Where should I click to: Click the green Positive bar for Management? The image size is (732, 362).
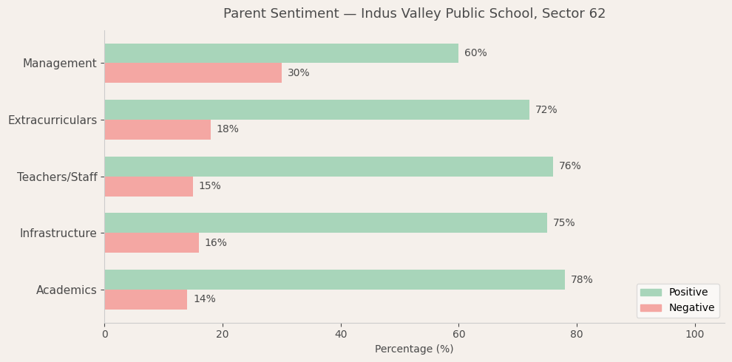[x=281, y=53]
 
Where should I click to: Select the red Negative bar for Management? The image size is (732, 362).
[x=193, y=73]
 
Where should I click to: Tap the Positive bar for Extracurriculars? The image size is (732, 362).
[x=316, y=110]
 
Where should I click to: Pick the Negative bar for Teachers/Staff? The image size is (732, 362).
[x=149, y=186]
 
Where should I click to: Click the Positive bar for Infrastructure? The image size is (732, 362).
[x=325, y=223]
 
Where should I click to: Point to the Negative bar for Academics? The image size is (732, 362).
[x=146, y=299]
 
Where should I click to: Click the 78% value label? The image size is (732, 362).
[x=581, y=280]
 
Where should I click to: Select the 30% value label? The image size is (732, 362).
[x=298, y=73]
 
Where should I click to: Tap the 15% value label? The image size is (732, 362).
[x=209, y=186]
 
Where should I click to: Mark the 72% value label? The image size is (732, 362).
[x=546, y=110]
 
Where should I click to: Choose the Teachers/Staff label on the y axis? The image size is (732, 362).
[x=57, y=177]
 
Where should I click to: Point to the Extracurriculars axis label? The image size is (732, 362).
[x=52, y=120]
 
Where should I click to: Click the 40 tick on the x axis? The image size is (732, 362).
[x=340, y=335]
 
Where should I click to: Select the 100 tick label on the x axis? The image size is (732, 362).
[x=694, y=335]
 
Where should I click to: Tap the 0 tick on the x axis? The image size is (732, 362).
[x=104, y=335]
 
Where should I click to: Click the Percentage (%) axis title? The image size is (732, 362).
[x=414, y=349]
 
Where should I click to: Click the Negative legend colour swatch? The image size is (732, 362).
[x=651, y=308]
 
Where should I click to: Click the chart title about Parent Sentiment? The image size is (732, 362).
[x=414, y=14]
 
